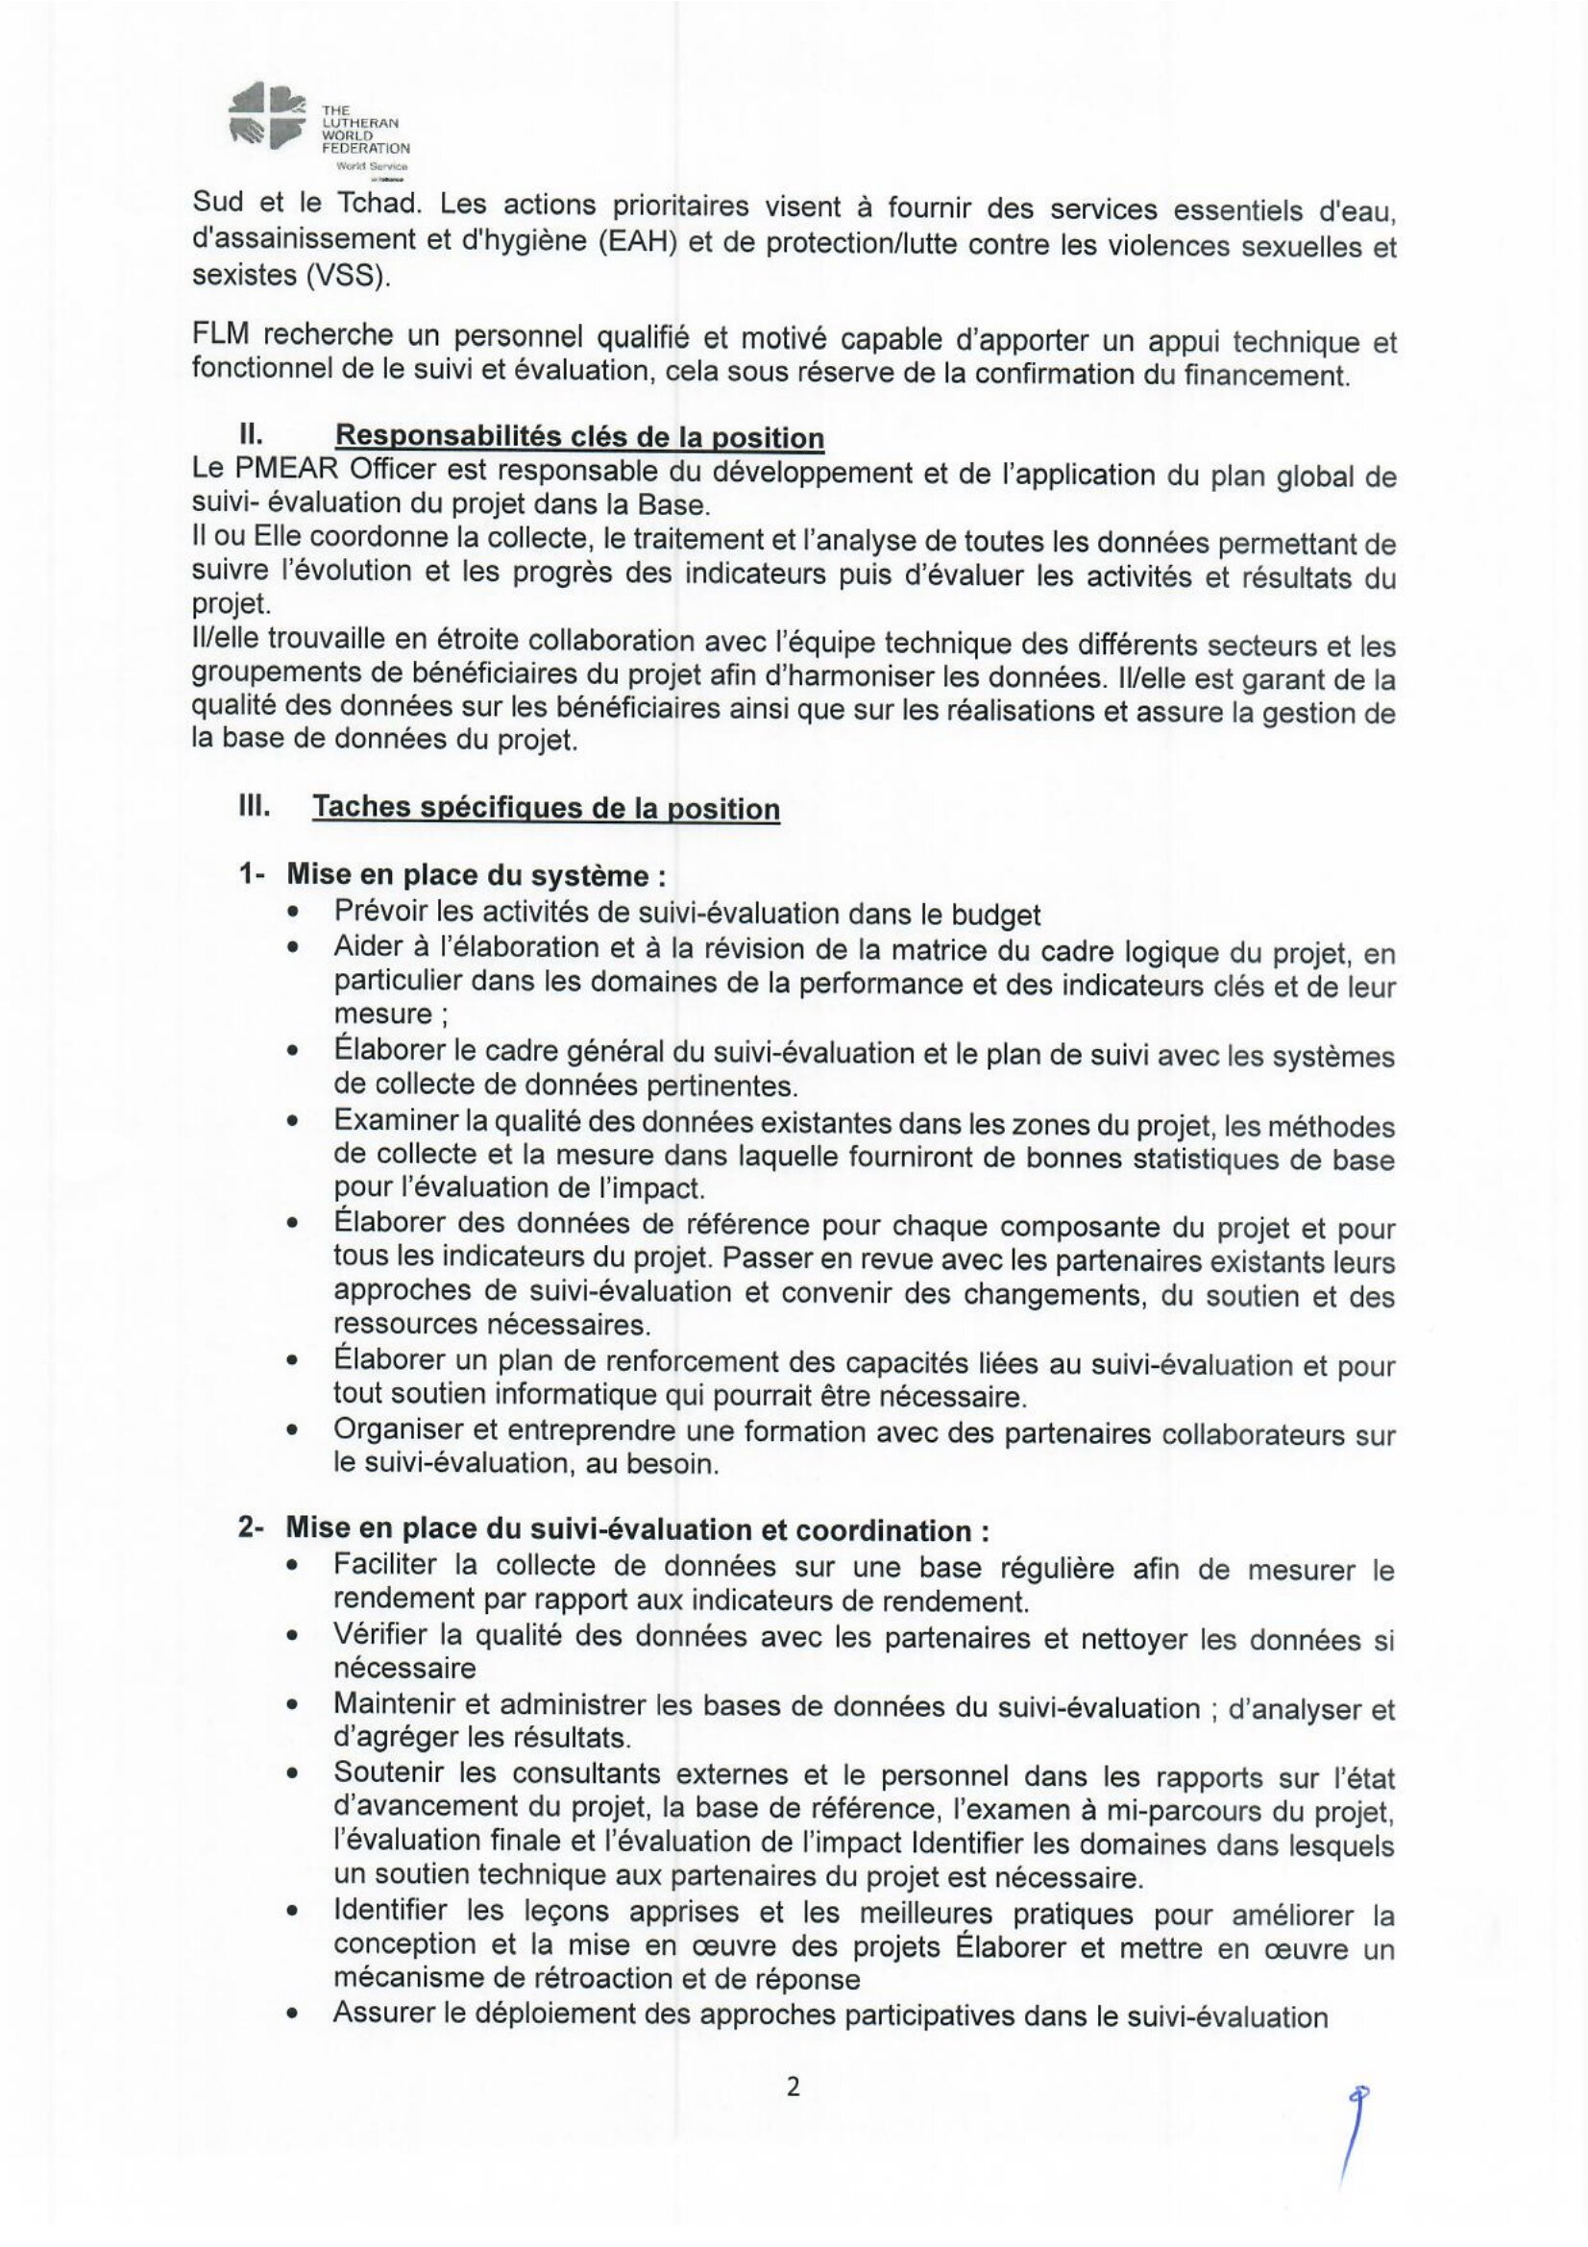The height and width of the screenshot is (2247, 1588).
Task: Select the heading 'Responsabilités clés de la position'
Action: point(579,436)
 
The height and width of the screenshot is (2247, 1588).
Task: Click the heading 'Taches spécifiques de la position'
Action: point(546,808)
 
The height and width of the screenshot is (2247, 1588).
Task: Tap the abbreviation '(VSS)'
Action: point(347,276)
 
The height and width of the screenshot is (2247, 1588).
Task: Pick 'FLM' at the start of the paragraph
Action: point(222,336)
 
